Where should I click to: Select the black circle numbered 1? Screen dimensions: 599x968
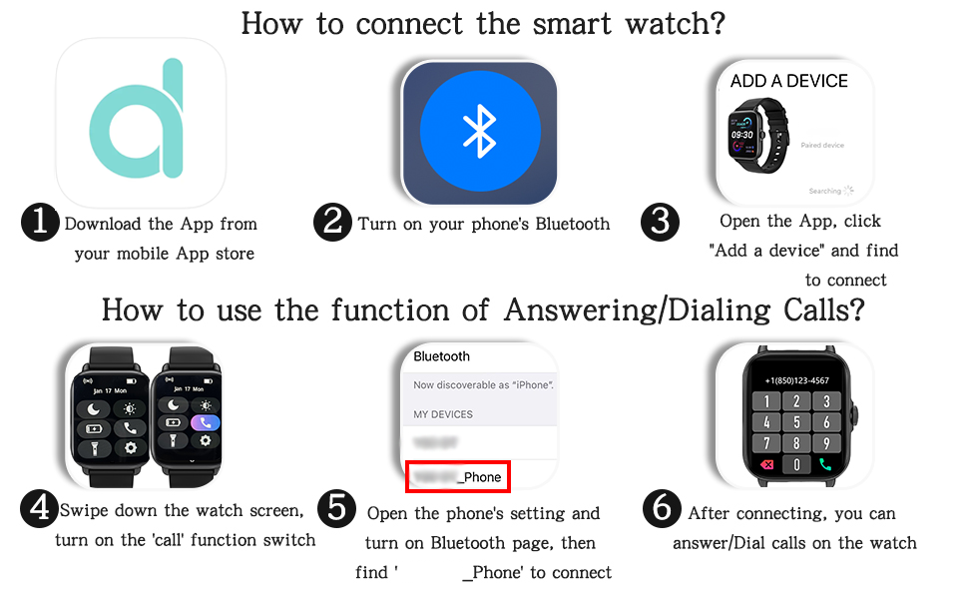point(40,223)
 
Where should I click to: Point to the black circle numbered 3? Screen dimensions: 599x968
point(659,223)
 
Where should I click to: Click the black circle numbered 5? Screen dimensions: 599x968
point(336,510)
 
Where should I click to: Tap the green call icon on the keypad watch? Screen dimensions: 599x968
point(826,464)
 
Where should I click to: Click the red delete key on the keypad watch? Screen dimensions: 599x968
point(766,464)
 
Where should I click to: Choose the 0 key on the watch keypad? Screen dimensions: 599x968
point(796,464)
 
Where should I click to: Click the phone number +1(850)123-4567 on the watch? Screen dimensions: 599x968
point(796,381)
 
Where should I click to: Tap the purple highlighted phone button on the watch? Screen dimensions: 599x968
point(207,422)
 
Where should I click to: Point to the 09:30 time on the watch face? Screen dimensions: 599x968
point(742,134)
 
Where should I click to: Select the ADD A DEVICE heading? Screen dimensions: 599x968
point(788,82)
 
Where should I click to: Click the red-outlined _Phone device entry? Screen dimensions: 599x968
point(459,477)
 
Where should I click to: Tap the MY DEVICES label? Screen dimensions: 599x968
point(443,414)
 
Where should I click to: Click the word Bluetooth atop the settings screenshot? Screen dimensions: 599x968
point(441,356)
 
